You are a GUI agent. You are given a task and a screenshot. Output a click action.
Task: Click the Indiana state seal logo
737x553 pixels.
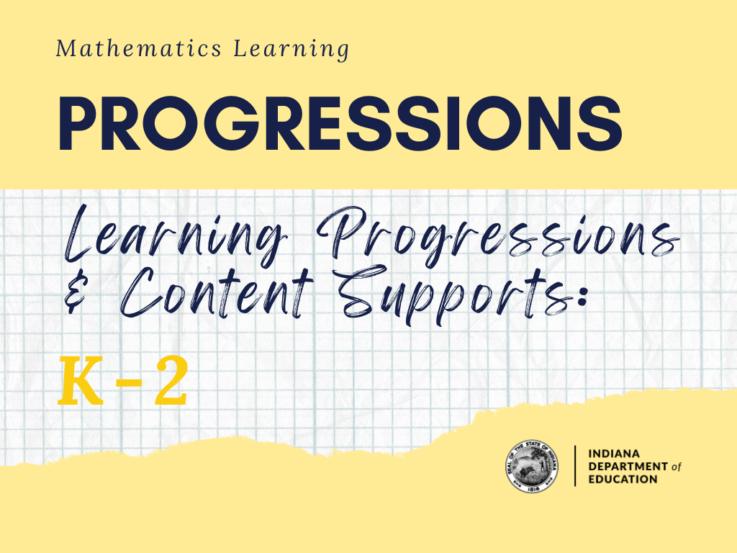(x=532, y=466)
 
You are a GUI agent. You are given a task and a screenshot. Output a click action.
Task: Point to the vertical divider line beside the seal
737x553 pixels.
(x=574, y=466)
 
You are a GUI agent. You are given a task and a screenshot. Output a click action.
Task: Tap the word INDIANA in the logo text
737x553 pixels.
(x=613, y=455)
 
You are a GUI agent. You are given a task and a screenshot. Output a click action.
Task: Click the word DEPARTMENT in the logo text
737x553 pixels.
(x=628, y=467)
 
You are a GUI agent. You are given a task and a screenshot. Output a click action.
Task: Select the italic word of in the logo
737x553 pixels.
(x=675, y=467)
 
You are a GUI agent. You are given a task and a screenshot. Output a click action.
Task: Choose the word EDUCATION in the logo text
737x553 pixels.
(x=623, y=479)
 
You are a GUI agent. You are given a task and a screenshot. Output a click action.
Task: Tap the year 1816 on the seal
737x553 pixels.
(x=532, y=487)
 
